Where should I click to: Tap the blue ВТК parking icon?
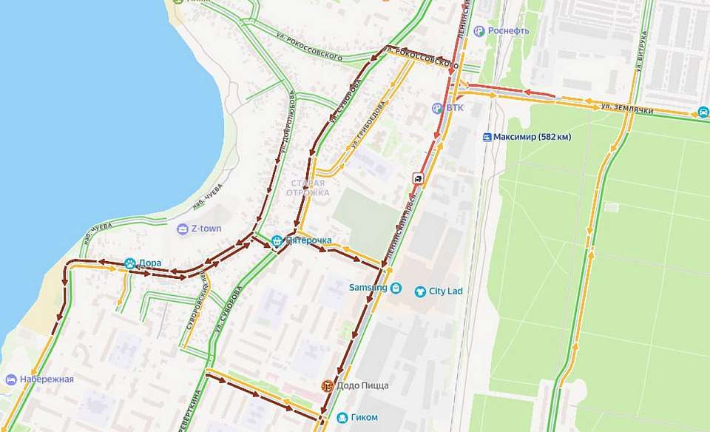(x=438, y=108)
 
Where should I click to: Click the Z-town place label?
(x=206, y=229)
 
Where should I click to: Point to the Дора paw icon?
(x=130, y=263)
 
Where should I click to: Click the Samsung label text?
(x=368, y=288)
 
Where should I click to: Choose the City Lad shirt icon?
(x=421, y=291)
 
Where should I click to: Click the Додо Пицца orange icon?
(x=326, y=385)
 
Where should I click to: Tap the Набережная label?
(x=47, y=379)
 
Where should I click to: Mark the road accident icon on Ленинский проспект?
(x=418, y=178)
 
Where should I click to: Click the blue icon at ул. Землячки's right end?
(x=702, y=112)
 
